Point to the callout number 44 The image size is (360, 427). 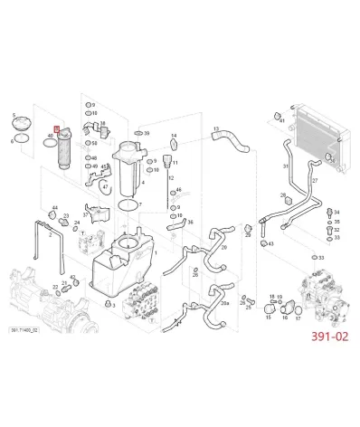click(55, 208)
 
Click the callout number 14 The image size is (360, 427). click(174, 137)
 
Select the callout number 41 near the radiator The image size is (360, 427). click(282, 119)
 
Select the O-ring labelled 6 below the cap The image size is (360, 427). click(12, 140)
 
